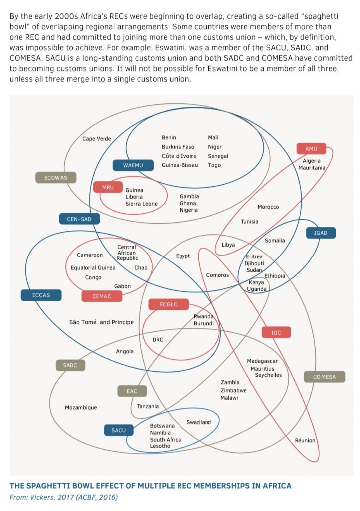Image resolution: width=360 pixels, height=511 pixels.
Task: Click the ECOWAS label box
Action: click(56, 177)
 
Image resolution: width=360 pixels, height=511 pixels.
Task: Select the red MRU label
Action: click(108, 187)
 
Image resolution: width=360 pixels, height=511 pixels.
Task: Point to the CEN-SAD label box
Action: click(79, 219)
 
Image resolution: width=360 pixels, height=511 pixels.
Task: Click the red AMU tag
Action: click(311, 149)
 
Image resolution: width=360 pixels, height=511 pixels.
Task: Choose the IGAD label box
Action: click(321, 233)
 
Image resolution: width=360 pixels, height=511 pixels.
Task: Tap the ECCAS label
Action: click(41, 295)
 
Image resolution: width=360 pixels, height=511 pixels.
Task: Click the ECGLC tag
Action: click(169, 304)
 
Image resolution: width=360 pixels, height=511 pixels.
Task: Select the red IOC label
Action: click(276, 332)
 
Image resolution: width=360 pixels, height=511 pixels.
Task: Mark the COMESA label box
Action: click(324, 377)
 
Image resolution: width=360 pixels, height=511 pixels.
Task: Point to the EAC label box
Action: click(132, 391)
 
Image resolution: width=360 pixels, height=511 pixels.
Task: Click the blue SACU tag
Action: click(119, 430)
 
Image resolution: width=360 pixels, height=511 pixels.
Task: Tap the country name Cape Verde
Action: click(97, 139)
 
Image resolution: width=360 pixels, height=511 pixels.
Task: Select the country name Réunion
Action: click(305, 441)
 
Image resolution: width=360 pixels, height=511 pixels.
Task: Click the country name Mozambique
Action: click(81, 408)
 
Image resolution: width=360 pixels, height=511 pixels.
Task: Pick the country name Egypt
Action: click(182, 256)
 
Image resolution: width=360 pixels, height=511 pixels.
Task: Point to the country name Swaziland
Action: click(199, 422)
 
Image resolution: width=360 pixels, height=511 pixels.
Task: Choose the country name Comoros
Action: click(217, 275)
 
